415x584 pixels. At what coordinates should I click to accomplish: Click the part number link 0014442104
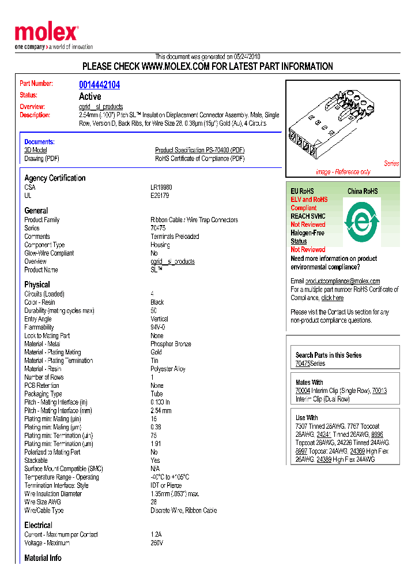(99, 85)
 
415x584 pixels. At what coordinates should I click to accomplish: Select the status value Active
(90, 96)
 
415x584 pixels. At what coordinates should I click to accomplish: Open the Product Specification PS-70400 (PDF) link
(199, 150)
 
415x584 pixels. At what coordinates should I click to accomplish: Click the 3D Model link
(35, 150)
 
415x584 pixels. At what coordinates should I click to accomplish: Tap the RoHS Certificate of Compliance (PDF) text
(199, 159)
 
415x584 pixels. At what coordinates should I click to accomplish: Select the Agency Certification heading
(55, 178)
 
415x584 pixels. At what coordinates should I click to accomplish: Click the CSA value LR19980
(161, 188)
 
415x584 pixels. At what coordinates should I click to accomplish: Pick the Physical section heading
(37, 284)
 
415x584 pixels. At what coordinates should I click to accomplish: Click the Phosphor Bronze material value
(171, 344)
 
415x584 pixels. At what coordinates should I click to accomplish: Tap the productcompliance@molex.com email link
(342, 281)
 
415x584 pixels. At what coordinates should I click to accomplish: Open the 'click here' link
(332, 298)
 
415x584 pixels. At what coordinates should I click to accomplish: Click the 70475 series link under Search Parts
(303, 364)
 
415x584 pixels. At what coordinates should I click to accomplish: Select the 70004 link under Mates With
(303, 391)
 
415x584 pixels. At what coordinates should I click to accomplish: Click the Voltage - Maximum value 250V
(157, 543)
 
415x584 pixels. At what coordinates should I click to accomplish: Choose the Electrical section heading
(38, 525)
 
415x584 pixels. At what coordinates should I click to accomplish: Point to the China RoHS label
(363, 191)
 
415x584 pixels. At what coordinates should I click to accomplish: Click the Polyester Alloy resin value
(168, 369)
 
